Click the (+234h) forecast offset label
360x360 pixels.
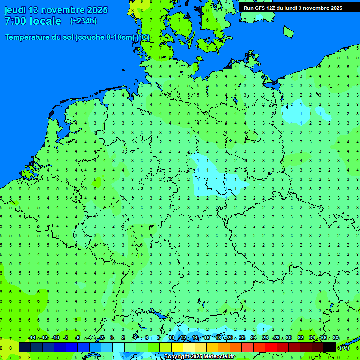click(83, 21)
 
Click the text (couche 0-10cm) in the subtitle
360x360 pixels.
click(105, 37)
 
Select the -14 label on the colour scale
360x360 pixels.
click(32, 338)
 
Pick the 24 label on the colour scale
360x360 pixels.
click(253, 338)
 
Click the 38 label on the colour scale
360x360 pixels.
click(336, 338)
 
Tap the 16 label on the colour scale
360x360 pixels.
click(206, 338)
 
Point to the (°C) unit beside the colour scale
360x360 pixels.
click(344, 347)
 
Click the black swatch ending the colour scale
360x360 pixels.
click(330, 347)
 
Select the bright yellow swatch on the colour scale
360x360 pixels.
click(177, 347)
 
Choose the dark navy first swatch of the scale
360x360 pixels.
click(24, 347)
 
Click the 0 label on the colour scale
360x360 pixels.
click(112, 338)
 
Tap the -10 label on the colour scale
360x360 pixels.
click(55, 338)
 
